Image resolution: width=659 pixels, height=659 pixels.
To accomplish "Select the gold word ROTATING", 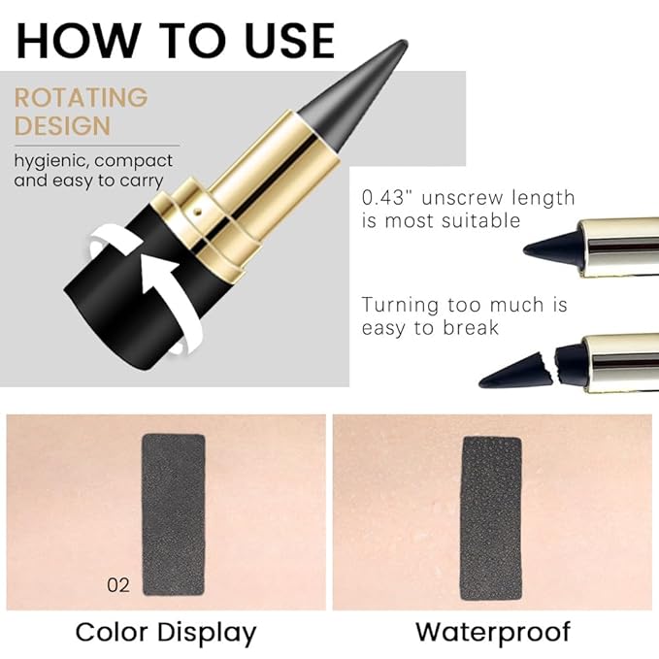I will tap(81, 98).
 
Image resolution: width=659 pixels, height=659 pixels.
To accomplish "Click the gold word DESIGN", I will tap(62, 126).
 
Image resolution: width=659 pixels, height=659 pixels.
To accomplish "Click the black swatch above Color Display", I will tap(174, 513).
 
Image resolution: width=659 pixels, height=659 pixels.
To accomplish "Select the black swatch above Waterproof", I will tap(491, 517).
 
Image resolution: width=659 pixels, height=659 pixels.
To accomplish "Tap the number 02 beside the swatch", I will tap(118, 584).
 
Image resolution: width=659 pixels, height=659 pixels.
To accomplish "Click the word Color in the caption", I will tap(112, 633).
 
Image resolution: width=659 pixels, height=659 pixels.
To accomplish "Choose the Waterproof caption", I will tap(492, 633).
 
